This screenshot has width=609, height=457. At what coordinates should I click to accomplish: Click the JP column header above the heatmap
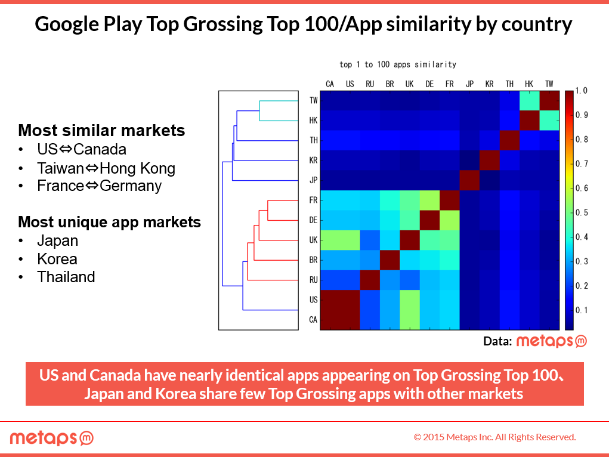pyautogui.click(x=469, y=84)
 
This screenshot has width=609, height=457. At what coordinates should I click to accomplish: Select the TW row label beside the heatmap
pyautogui.click(x=313, y=101)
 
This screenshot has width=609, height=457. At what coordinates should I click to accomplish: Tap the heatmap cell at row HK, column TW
pyautogui.click(x=549, y=121)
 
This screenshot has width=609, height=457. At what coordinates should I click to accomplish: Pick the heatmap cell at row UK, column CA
pyautogui.click(x=330, y=240)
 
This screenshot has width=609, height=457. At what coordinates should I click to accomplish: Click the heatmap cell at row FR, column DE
pyautogui.click(x=429, y=200)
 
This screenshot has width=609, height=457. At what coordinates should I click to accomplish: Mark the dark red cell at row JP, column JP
pyautogui.click(x=469, y=180)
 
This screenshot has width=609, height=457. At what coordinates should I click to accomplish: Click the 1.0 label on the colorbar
pyautogui.click(x=581, y=91)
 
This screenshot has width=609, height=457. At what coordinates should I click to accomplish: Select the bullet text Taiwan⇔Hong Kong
pyautogui.click(x=106, y=168)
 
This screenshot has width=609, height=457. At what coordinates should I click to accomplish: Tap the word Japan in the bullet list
pyautogui.click(x=57, y=241)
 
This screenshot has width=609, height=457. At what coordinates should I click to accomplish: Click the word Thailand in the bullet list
pyautogui.click(x=66, y=277)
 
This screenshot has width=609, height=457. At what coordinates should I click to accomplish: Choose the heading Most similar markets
pyautogui.click(x=101, y=130)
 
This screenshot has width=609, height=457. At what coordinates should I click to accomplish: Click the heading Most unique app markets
pyautogui.click(x=110, y=222)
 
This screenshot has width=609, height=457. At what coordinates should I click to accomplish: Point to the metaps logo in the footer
pyautogui.click(x=52, y=438)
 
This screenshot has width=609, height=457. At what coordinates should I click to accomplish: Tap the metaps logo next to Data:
pyautogui.click(x=551, y=341)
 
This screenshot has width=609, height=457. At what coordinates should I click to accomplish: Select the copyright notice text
pyautogui.click(x=494, y=437)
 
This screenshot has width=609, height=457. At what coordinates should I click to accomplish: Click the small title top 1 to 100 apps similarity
pyautogui.click(x=398, y=64)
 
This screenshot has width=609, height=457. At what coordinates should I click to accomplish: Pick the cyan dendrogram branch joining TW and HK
pyautogui.click(x=259, y=111)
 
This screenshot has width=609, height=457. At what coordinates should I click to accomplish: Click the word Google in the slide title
pyautogui.click(x=67, y=24)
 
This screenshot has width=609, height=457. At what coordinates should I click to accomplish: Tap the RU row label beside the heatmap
pyautogui.click(x=313, y=280)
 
